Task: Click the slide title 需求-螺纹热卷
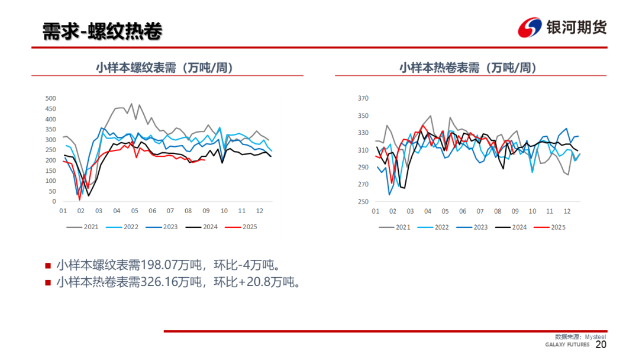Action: pos(102,31)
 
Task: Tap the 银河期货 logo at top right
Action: pos(562,28)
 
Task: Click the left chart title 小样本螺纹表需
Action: pos(164,67)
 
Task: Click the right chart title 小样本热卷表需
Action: pos(467,67)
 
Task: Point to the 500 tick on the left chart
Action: pos(50,98)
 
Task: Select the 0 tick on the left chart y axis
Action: pos(54,202)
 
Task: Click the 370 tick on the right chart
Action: pos(363,98)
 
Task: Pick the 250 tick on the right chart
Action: pos(363,202)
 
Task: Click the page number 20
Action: pos(601,345)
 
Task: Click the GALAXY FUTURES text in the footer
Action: pos(567,345)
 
